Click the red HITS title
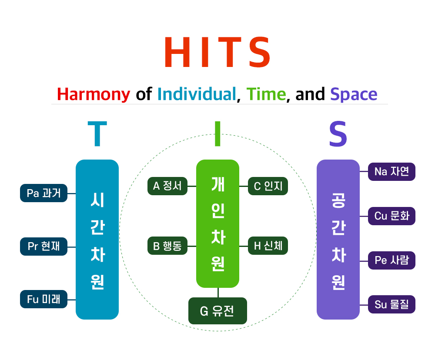217,52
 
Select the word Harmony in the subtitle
94,95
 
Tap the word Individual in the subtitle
197,94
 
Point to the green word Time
266,94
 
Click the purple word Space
354,95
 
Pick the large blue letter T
97,133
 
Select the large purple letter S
338,133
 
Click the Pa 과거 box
43,193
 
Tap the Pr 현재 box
43,246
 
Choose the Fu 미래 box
43,299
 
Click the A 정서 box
167,186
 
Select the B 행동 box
167,246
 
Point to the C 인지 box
268,186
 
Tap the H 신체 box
268,246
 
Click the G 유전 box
217,311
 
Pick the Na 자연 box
391,172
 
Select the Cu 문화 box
391,216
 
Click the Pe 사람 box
391,260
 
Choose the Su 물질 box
391,304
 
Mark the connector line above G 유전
218,293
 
